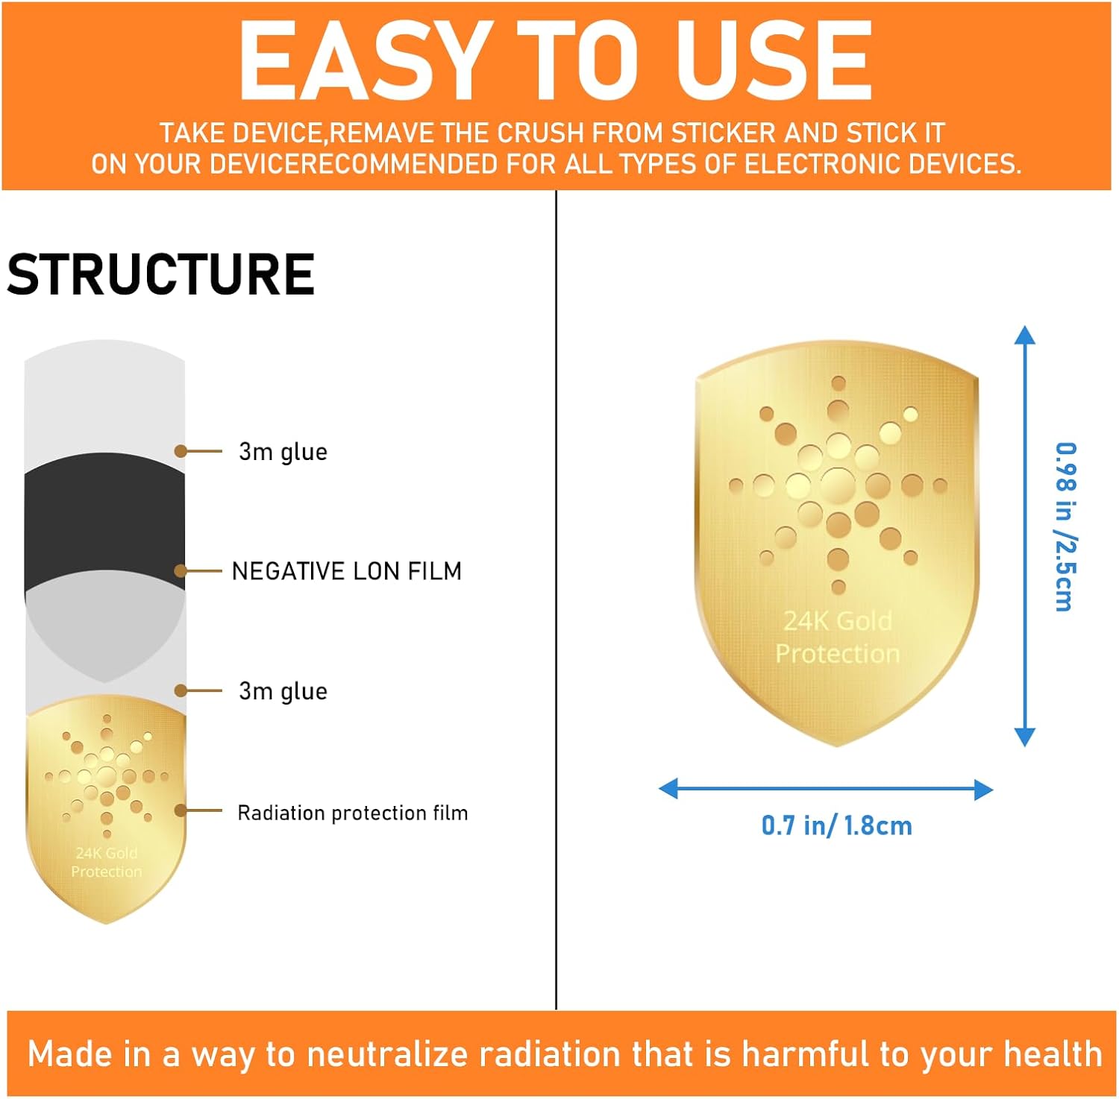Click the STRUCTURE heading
tap(160, 274)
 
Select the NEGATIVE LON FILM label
tap(347, 571)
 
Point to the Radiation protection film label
tap(353, 813)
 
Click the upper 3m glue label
tap(283, 452)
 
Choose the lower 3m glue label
tap(283, 691)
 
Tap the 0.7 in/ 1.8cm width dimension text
tap(836, 825)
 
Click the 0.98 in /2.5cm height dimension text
tap(1065, 527)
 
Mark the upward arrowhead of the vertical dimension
tap(1025, 335)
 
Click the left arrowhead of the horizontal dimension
tap(668, 789)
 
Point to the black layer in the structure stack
tap(104, 522)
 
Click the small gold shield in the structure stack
tap(106, 809)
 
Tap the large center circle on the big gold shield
tap(838, 485)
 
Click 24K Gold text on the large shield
tap(838, 621)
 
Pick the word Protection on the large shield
tap(838, 654)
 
